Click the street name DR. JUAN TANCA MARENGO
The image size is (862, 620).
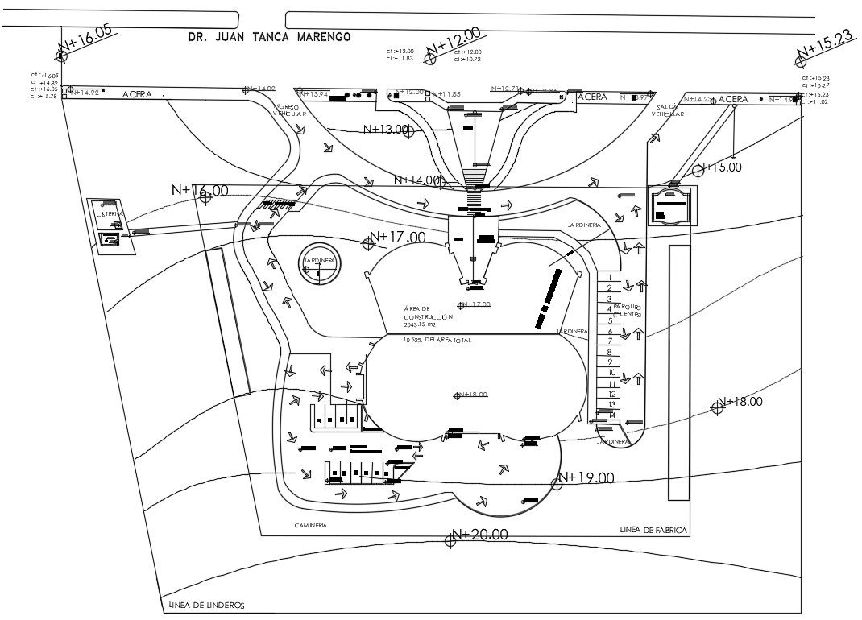pyautogui.click(x=268, y=37)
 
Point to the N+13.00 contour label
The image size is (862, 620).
pyautogui.click(x=387, y=129)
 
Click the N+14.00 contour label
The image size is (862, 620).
pyautogui.click(x=417, y=180)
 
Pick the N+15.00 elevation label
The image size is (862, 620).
pyautogui.click(x=723, y=167)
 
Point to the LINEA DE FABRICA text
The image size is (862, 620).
pyautogui.click(x=653, y=530)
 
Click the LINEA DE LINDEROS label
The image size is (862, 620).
pyautogui.click(x=205, y=606)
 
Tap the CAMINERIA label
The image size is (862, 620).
pyautogui.click(x=310, y=524)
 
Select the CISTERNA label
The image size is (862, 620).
pyautogui.click(x=110, y=214)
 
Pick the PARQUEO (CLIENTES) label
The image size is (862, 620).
pyautogui.click(x=627, y=310)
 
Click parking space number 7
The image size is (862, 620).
pyautogui.click(x=609, y=341)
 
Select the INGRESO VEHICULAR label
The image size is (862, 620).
pyautogui.click(x=286, y=110)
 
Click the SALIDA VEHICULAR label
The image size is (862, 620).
pyautogui.click(x=669, y=110)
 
